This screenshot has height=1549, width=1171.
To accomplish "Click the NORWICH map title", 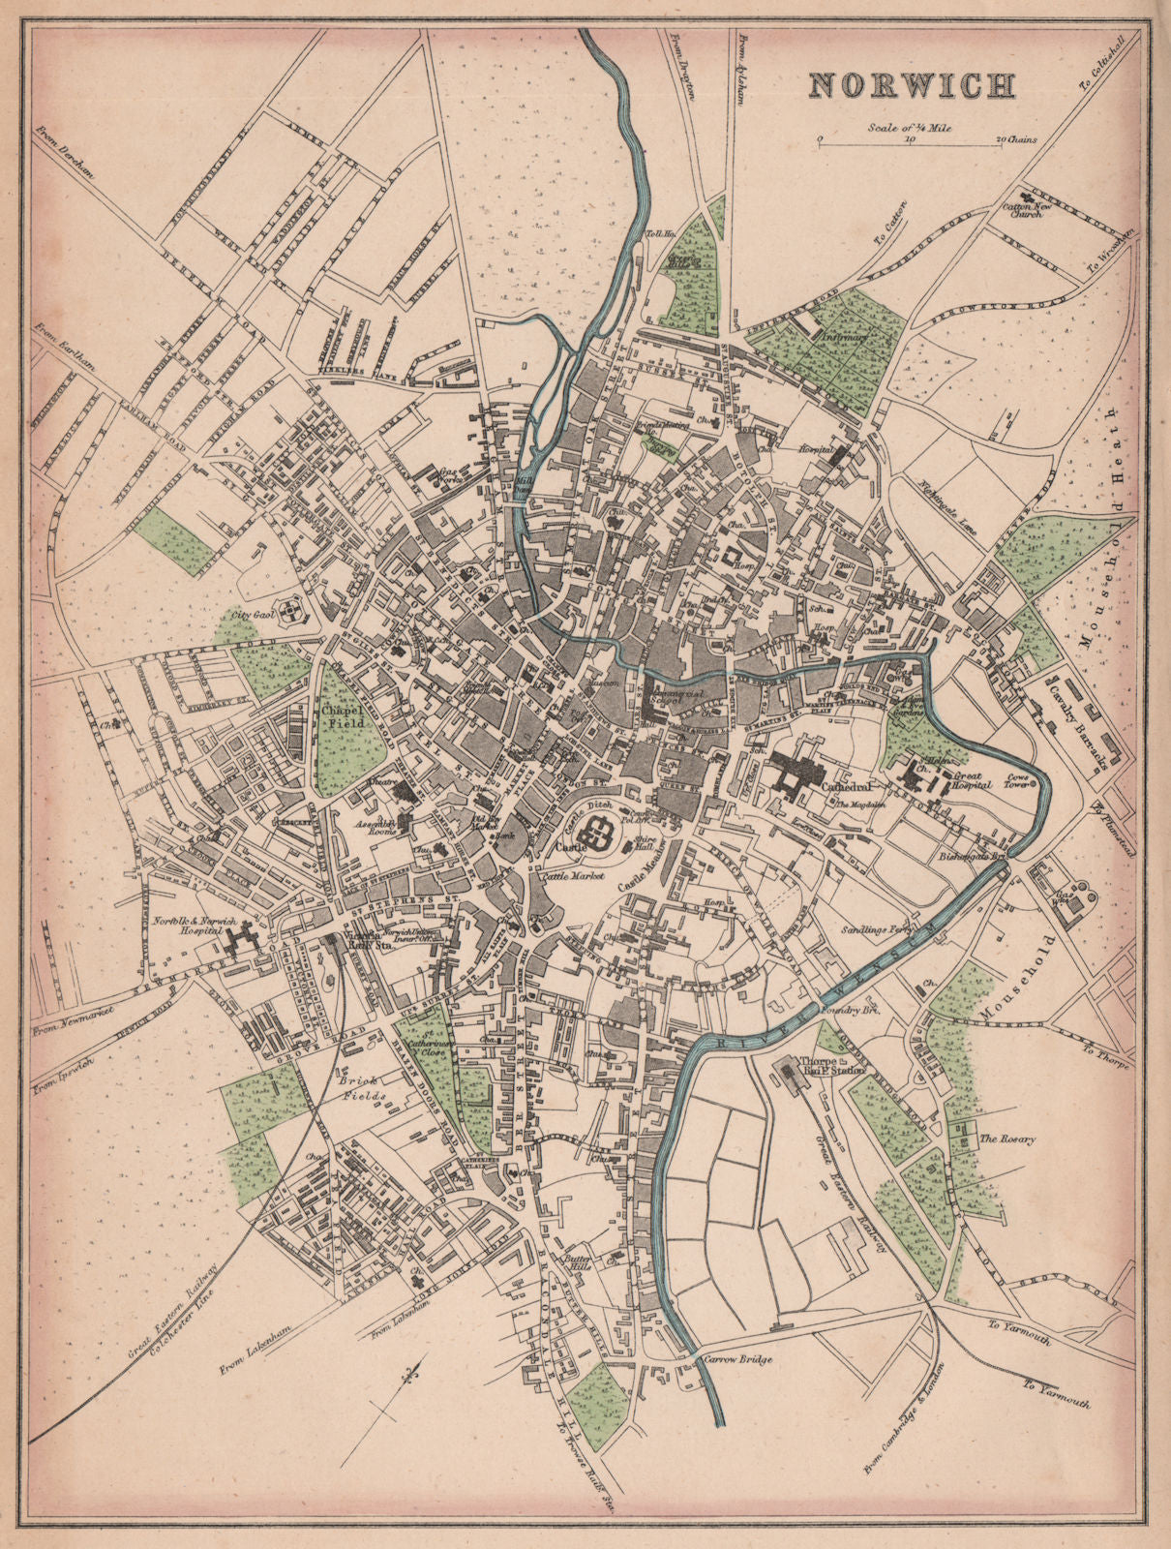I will click(912, 84).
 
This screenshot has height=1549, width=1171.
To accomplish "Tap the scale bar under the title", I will click(910, 142).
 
